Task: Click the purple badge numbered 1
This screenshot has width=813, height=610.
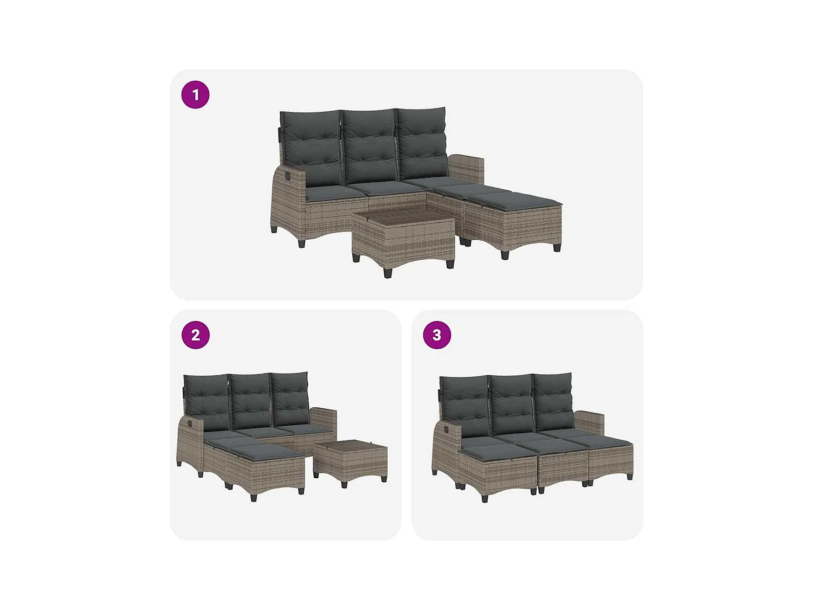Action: [x=195, y=95]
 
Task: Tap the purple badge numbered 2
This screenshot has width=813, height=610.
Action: [x=195, y=335]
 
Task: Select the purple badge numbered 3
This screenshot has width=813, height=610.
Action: [x=437, y=335]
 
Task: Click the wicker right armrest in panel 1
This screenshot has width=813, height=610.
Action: [x=465, y=168]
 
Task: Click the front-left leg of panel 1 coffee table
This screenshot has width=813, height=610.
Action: [x=388, y=272]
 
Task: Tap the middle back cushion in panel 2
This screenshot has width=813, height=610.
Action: [x=250, y=400]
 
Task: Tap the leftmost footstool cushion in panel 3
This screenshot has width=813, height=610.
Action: [x=491, y=450]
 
